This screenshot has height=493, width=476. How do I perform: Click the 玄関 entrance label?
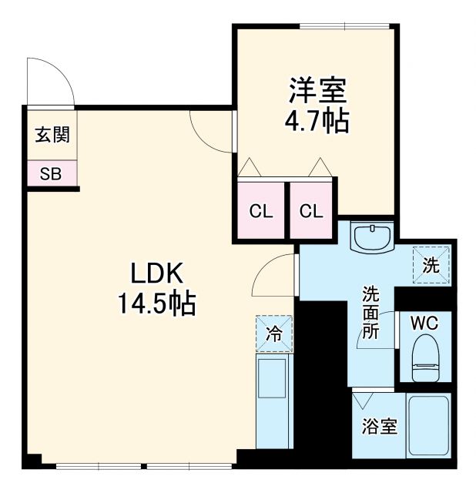point(52,135)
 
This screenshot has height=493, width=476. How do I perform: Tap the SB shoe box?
point(51,173)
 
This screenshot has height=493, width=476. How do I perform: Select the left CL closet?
point(261,210)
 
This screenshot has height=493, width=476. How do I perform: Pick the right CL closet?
point(312,210)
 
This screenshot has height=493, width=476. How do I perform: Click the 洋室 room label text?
point(317,91)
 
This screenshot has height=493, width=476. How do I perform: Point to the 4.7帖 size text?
point(317,121)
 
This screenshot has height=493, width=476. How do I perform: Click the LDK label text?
point(156,273)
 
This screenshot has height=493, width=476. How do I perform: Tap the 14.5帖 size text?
point(156,304)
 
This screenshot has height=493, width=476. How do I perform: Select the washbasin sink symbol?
point(373,236)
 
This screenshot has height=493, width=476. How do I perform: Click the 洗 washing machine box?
point(431,266)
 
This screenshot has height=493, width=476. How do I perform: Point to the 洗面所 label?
point(371,313)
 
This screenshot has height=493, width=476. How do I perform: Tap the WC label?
point(424,321)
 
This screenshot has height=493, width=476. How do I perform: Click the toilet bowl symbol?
point(425,358)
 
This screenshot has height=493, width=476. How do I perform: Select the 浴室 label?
point(380,426)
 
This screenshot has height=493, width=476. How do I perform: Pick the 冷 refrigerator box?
point(274,334)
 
